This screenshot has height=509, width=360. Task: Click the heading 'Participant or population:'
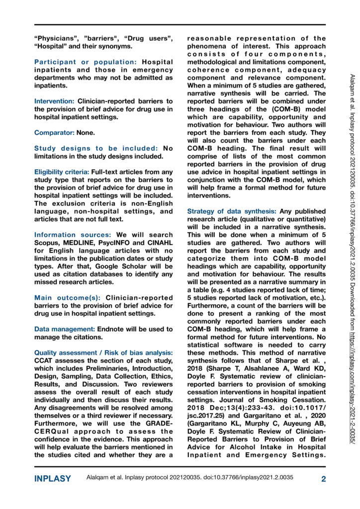point(86,62)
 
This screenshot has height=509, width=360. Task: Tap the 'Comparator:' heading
point(53,133)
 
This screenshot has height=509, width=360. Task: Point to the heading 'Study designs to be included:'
point(96,148)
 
